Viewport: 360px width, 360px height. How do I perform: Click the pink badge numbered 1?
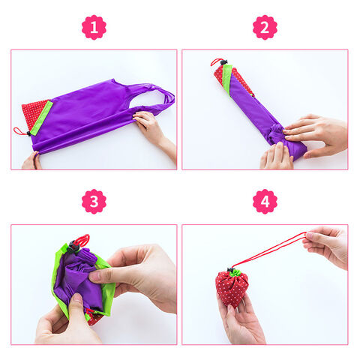click(x=94, y=27)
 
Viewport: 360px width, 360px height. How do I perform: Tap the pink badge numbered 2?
click(x=265, y=27)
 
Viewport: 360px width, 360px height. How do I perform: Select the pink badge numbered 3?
click(x=94, y=202)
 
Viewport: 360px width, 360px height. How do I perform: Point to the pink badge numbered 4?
click(x=265, y=202)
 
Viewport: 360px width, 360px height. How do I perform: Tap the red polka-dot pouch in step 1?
click(x=35, y=112)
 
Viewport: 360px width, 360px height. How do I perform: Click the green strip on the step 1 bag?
click(x=41, y=118)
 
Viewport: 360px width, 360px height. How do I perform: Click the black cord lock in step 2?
click(x=223, y=62)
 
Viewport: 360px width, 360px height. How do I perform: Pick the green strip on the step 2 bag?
click(x=227, y=77)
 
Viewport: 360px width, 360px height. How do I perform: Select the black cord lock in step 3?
click(x=73, y=246)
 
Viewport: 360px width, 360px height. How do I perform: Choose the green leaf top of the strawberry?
click(x=235, y=273)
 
